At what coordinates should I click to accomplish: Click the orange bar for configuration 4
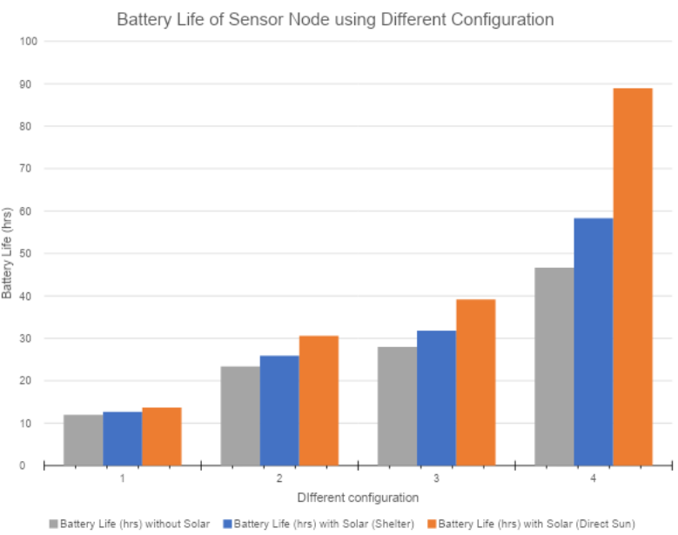tap(633, 277)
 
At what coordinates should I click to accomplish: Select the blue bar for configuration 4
tap(594, 342)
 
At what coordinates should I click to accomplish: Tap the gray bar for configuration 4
tap(554, 366)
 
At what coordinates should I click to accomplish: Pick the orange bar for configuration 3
tap(475, 383)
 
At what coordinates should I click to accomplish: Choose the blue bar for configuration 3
tap(436, 398)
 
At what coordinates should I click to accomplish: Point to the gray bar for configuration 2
tap(240, 416)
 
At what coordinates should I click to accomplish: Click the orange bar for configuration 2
tap(319, 401)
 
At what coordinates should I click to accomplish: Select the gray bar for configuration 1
tap(84, 440)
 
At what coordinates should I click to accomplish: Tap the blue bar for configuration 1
tap(123, 438)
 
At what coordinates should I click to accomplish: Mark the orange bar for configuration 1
tap(162, 437)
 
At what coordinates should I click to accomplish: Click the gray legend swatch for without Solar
tap(54, 524)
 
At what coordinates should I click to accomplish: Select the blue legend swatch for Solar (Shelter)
tap(227, 524)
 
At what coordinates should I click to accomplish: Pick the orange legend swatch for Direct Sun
tap(432, 524)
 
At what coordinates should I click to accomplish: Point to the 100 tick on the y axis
tap(29, 42)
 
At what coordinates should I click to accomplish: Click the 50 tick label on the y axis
tap(25, 253)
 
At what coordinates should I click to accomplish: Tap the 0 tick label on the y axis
tap(22, 465)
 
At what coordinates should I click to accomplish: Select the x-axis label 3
tap(436, 478)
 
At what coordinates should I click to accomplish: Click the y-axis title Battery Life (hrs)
tap(7, 253)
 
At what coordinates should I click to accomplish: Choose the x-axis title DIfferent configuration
tap(358, 498)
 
